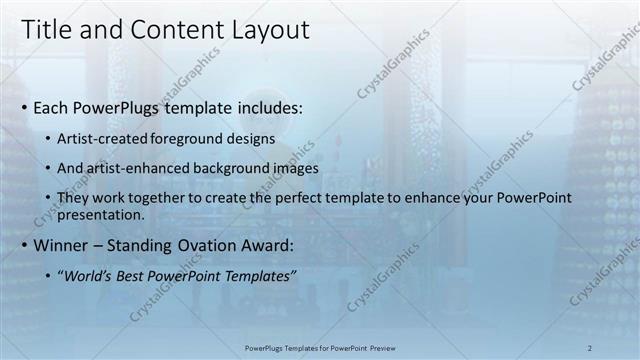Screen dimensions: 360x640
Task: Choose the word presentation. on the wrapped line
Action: coord(103,214)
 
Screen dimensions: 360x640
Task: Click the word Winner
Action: coord(62,244)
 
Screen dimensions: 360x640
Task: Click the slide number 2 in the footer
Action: coord(589,348)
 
